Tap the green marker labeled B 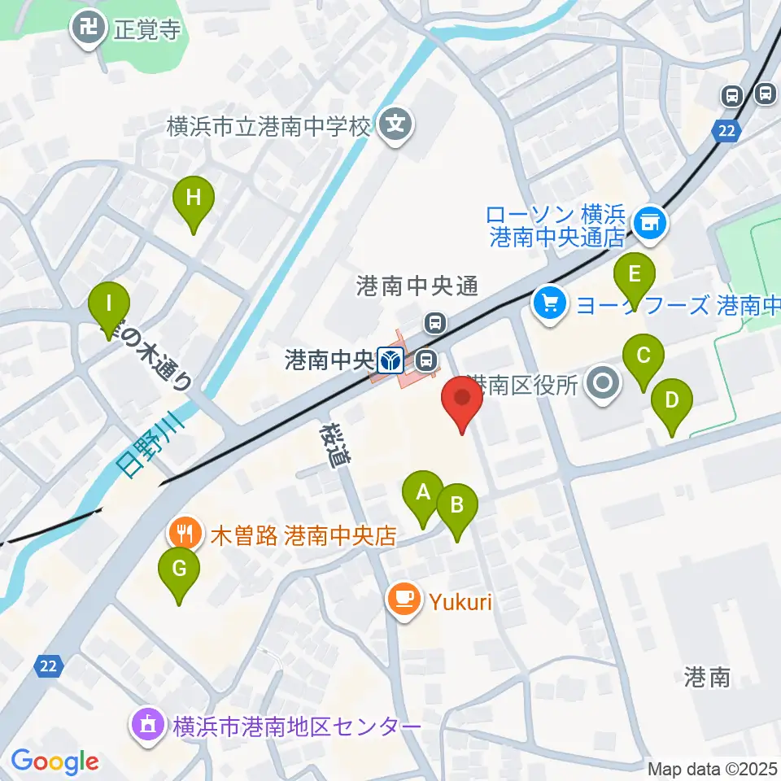(x=456, y=505)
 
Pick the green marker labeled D (x=672, y=400)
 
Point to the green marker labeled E (x=635, y=273)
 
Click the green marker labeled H (x=194, y=198)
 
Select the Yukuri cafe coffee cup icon (x=404, y=600)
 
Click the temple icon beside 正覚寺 (x=87, y=30)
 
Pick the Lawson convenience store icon (x=650, y=219)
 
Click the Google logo (x=55, y=761)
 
